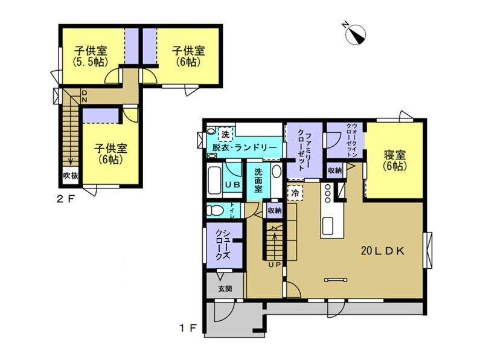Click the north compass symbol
356,34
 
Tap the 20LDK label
382,251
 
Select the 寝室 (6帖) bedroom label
395,160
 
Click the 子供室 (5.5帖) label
91,56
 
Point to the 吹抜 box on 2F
71,176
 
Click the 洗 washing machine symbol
225,134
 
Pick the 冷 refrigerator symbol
295,193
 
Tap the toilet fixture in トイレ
215,211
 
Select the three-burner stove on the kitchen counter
327,193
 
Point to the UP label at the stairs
274,265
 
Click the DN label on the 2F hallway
85,96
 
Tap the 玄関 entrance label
225,289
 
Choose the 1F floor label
188,329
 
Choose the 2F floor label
66,199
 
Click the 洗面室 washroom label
258,181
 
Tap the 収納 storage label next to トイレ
275,211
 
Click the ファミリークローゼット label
305,150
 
